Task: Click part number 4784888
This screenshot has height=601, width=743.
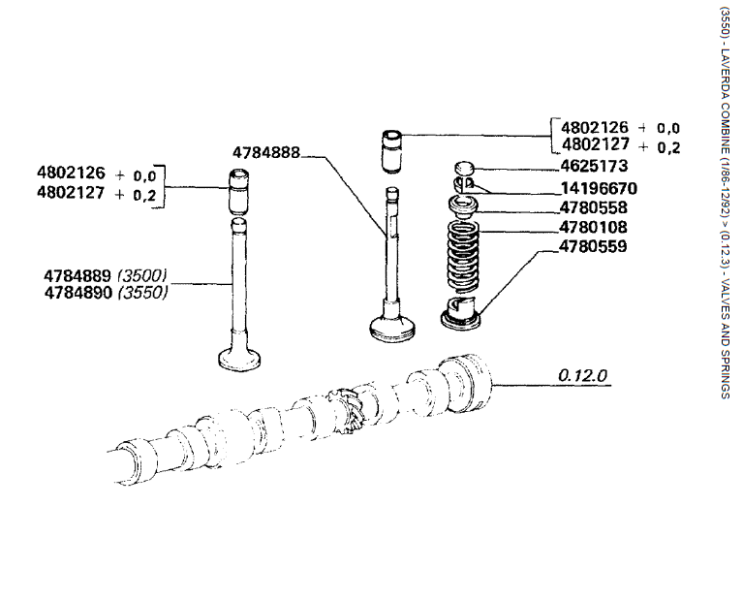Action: tap(266, 153)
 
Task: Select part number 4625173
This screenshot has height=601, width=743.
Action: tap(594, 166)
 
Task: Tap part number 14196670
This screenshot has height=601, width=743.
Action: tap(599, 189)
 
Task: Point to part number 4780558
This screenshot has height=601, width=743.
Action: tap(593, 207)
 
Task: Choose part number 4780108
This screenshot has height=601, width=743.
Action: tap(593, 227)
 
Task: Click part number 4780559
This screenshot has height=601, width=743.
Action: tap(593, 246)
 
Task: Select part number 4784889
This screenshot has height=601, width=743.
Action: tap(77, 275)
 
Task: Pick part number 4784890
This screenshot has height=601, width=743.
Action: tap(78, 293)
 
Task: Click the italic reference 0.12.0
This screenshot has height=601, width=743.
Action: tap(582, 376)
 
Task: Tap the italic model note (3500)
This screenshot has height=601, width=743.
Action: tap(142, 275)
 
